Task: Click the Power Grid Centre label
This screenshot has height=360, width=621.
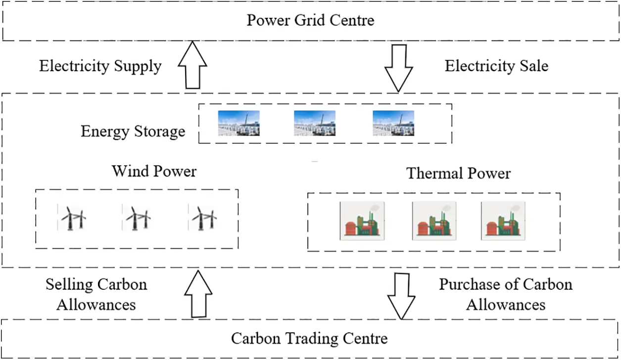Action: [x=310, y=20]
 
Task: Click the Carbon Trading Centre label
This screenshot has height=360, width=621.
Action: [x=309, y=338]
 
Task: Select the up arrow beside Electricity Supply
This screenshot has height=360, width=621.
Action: [x=192, y=66]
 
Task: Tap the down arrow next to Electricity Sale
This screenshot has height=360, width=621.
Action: [x=398, y=68]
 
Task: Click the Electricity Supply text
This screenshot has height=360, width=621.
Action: [x=100, y=66]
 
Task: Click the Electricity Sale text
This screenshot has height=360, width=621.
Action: [x=496, y=66]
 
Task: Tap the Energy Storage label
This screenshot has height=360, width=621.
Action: [x=133, y=132]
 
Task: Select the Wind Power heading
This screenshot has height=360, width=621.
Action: [x=154, y=171]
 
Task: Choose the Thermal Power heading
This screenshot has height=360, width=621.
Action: [x=458, y=174]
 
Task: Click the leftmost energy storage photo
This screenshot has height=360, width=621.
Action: [x=239, y=123]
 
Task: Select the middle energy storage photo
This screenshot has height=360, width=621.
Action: [x=315, y=123]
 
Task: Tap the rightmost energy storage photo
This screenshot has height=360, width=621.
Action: [x=393, y=123]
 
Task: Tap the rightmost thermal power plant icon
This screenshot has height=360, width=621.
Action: [x=503, y=221]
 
